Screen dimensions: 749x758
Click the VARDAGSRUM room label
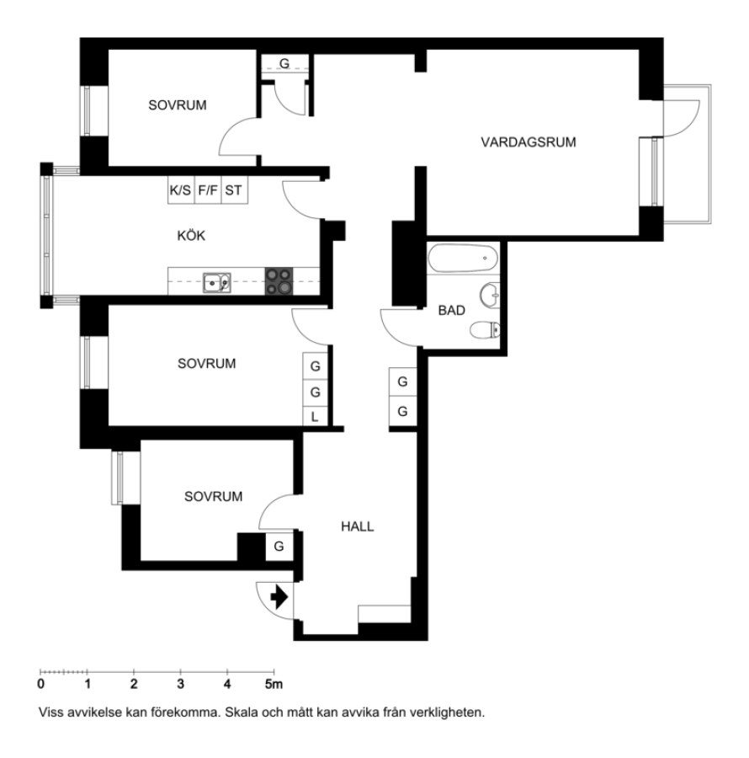(529, 142)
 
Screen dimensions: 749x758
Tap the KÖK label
(191, 236)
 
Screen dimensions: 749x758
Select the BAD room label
(452, 310)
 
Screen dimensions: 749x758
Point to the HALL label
(358, 526)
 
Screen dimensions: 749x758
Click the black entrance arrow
(279, 597)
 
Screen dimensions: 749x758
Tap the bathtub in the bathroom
(463, 259)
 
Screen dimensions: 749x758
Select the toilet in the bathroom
(485, 330)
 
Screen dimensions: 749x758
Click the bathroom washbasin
(490, 295)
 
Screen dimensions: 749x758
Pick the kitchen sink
(217, 283)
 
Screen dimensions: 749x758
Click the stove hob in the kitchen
(279, 280)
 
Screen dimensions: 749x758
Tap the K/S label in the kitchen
(180, 190)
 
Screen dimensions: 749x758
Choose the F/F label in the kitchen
(208, 190)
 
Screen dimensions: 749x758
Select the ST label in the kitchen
(233, 190)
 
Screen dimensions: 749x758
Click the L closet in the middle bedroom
(315, 417)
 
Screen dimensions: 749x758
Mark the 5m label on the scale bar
(274, 684)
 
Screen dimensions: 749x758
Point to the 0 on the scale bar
(41, 684)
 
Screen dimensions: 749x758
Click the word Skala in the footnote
(241, 713)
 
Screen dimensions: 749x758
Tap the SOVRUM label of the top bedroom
(178, 105)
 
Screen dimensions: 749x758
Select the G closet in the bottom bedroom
(279, 547)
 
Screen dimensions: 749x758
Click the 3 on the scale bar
(180, 684)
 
